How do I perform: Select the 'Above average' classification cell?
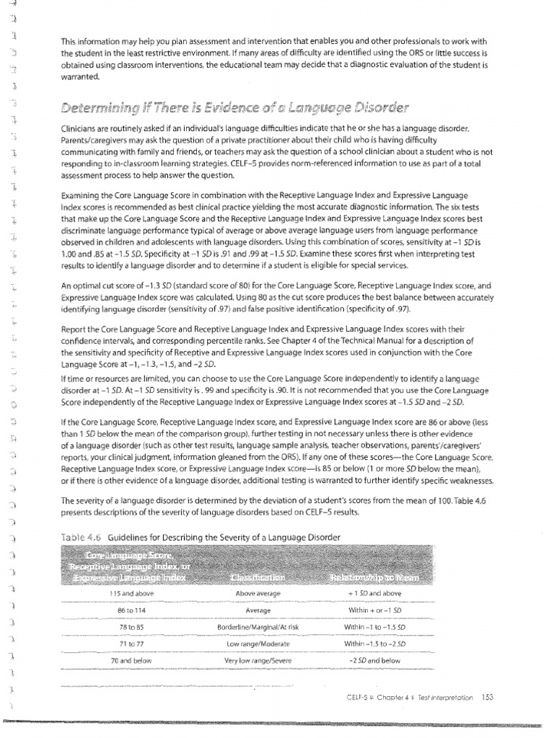258,593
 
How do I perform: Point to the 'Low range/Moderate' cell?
258,643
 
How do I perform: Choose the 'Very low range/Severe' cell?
258,659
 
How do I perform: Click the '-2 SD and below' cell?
374,659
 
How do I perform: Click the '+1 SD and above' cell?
374,593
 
